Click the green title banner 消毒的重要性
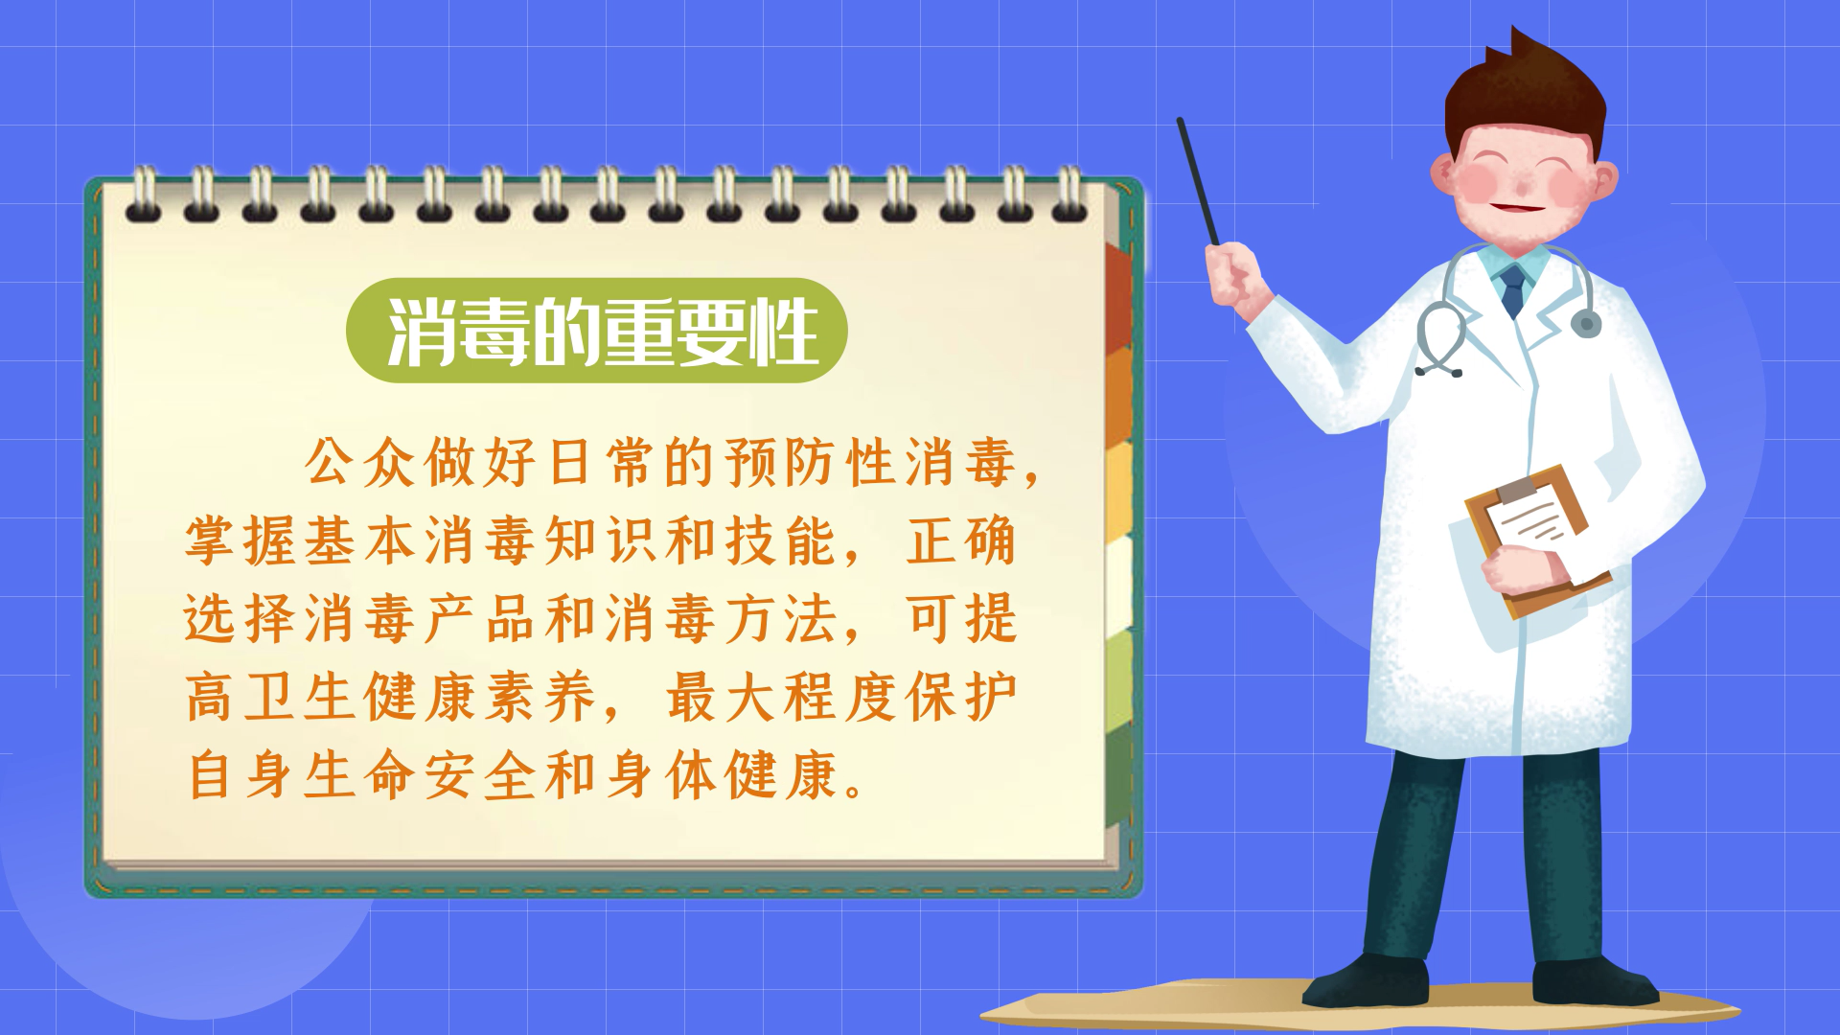596,331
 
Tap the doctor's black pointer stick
1198,181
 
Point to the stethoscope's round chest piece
1585,323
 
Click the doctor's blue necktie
1513,290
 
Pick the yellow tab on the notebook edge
1119,490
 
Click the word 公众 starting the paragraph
359,462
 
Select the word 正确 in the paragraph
961,540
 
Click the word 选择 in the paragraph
240,618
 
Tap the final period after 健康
855,791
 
